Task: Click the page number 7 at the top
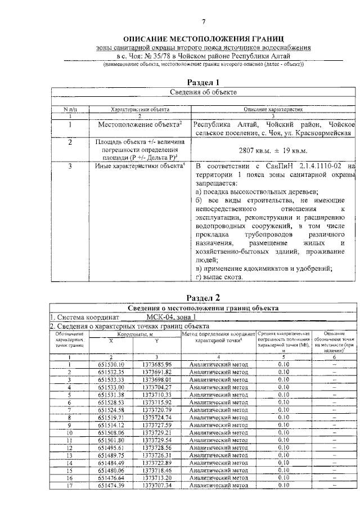[x=204, y=22]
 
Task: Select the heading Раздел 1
[x=203, y=82]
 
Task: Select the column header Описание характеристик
[x=273, y=109]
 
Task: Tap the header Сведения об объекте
[x=203, y=92]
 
